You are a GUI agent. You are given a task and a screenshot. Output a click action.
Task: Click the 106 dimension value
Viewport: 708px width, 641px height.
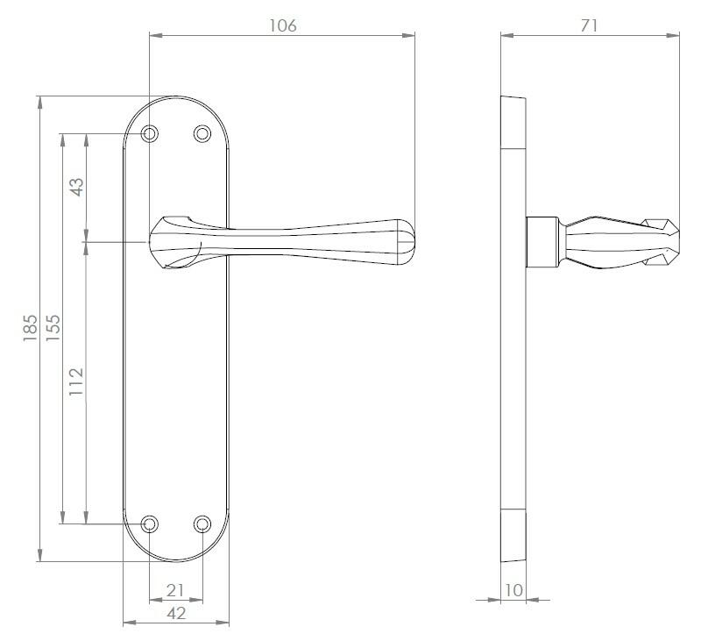(x=283, y=25)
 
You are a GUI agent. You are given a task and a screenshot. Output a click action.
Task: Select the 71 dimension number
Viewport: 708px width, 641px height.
(x=589, y=25)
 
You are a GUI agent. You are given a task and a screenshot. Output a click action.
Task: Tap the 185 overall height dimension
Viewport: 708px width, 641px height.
(x=31, y=328)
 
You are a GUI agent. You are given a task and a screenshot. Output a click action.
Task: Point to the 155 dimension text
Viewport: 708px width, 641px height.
(x=53, y=328)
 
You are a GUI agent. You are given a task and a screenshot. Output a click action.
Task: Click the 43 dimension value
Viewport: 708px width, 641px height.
(x=76, y=187)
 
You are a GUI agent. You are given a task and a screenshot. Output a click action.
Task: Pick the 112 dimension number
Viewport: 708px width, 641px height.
(x=76, y=381)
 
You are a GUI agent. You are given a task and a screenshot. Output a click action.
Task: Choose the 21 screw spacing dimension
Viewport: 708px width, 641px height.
(x=175, y=590)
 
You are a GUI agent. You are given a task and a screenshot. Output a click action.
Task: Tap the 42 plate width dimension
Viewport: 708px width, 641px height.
(x=176, y=614)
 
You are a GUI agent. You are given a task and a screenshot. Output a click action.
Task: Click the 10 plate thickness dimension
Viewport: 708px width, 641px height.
(x=513, y=590)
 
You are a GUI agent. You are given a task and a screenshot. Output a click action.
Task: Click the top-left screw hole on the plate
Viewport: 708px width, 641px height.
(x=150, y=133)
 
